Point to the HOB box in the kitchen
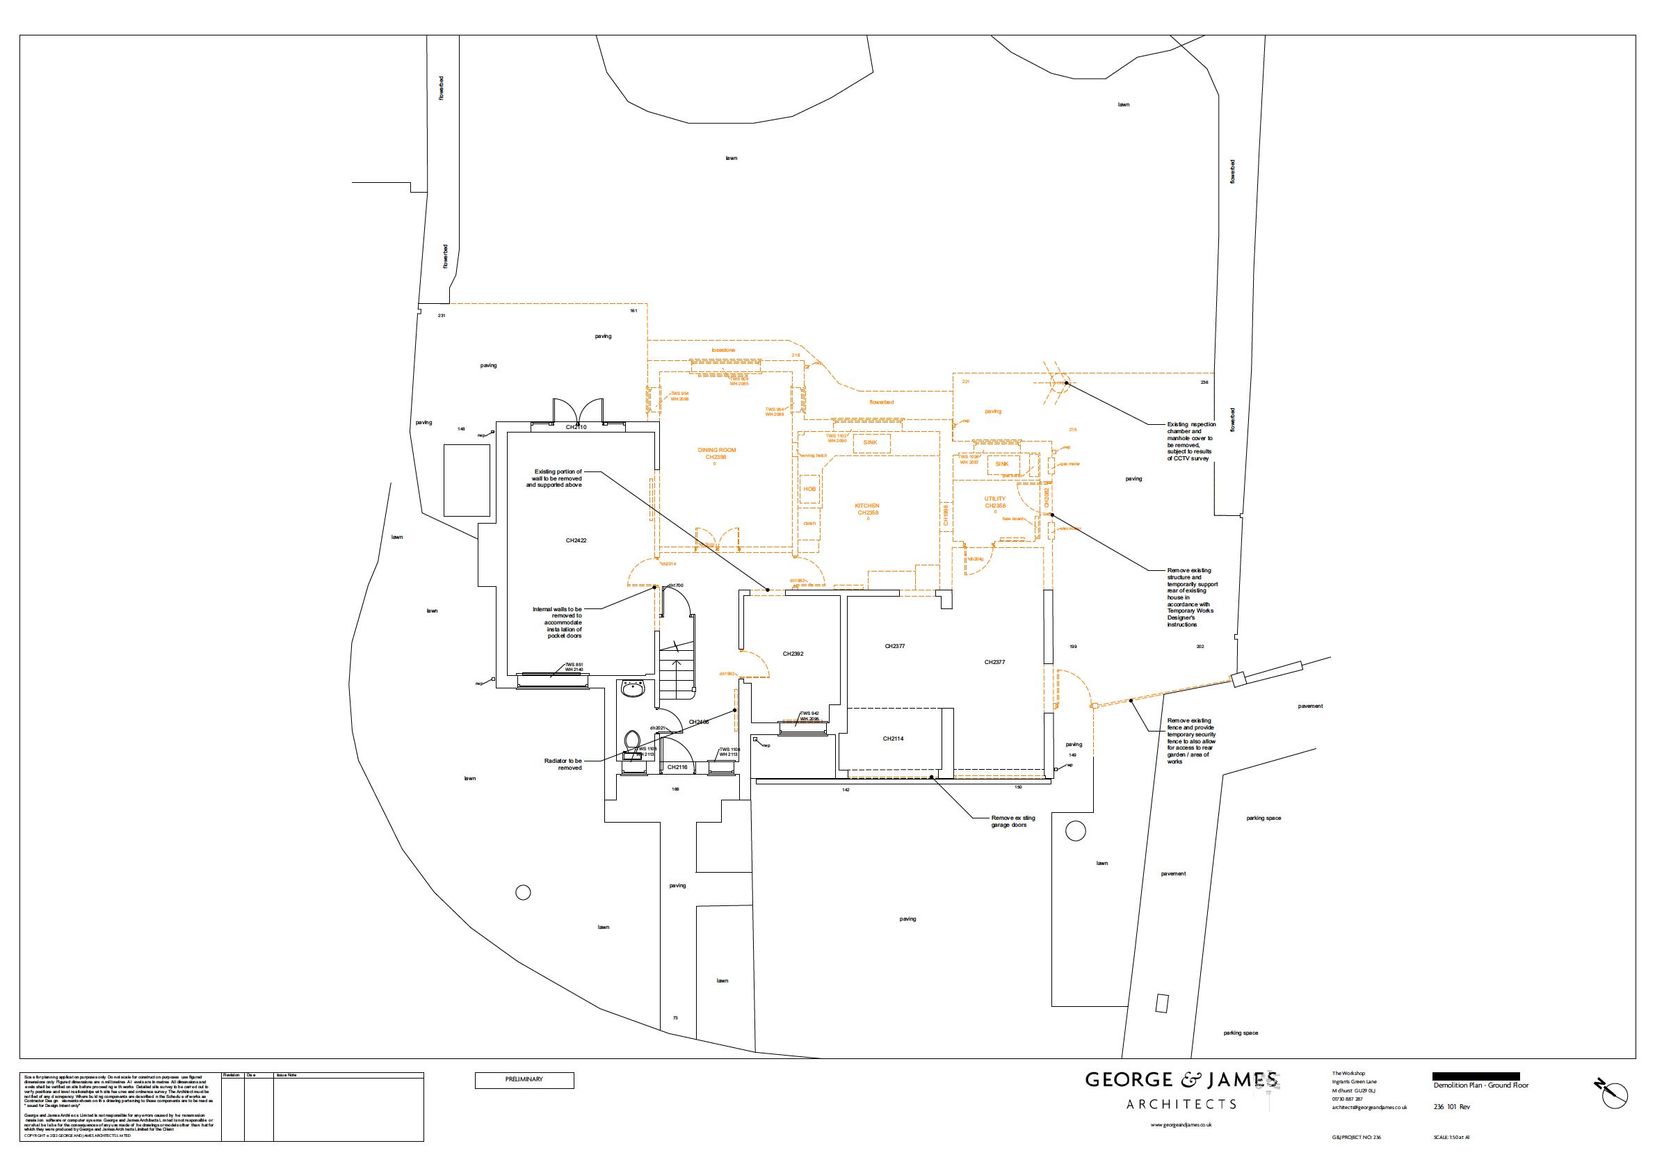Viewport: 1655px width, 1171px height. pos(810,489)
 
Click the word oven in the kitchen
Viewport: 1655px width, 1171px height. pos(809,523)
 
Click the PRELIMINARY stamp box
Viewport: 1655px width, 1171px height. pos(524,1080)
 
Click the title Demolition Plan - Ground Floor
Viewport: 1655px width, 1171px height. pos(1480,1085)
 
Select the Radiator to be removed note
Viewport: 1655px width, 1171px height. pos(563,764)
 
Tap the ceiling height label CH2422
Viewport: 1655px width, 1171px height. pos(576,540)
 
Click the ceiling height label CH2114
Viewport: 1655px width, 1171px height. pos(893,738)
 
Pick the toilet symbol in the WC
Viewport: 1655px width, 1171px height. pos(632,741)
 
